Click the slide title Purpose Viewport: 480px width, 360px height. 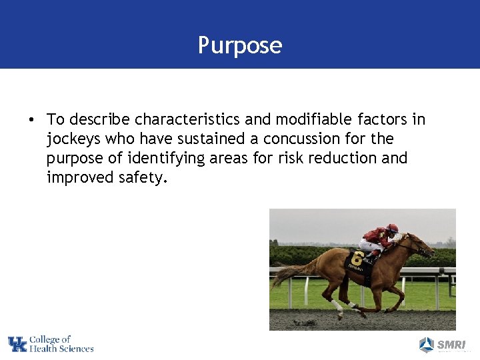pyautogui.click(x=240, y=45)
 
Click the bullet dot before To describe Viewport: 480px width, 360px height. pyautogui.click(x=31, y=120)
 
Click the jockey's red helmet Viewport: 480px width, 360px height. pyautogui.click(x=393, y=228)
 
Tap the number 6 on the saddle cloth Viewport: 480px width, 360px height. pyautogui.click(x=357, y=258)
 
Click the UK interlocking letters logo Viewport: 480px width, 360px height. pyautogui.click(x=17, y=344)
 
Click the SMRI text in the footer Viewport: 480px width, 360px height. pyautogui.click(x=451, y=345)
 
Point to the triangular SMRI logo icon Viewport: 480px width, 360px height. pyautogui.click(x=427, y=345)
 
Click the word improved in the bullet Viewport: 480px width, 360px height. pyautogui.click(x=75, y=177)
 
